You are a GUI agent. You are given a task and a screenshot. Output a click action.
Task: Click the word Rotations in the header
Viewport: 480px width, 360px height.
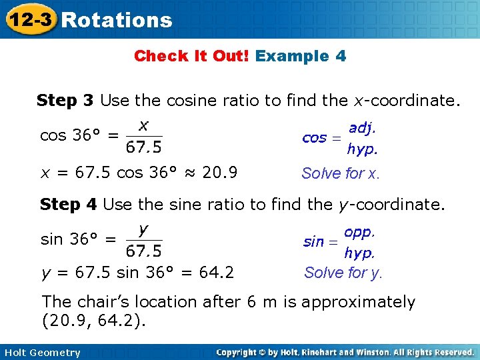pos(117,20)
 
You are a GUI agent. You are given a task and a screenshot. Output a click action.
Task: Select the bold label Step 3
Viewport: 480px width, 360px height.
pos(65,101)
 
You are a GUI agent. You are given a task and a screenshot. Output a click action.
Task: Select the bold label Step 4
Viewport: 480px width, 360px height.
pos(68,204)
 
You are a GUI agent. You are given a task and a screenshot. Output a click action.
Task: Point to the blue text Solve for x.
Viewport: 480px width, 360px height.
pos(341,174)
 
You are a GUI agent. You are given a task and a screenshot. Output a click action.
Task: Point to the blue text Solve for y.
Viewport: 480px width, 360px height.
pos(343,273)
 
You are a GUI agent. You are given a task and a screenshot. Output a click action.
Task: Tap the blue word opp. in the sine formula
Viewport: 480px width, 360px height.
pos(360,232)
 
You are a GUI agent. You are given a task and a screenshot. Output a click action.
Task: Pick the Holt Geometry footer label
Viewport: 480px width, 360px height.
pos(41,353)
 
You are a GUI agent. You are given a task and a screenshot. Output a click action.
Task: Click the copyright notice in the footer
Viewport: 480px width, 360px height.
pos(345,352)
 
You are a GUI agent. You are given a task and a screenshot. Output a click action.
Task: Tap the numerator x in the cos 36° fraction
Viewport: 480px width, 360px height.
pos(143,124)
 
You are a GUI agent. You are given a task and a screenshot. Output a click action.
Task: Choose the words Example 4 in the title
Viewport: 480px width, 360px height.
pos(301,56)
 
